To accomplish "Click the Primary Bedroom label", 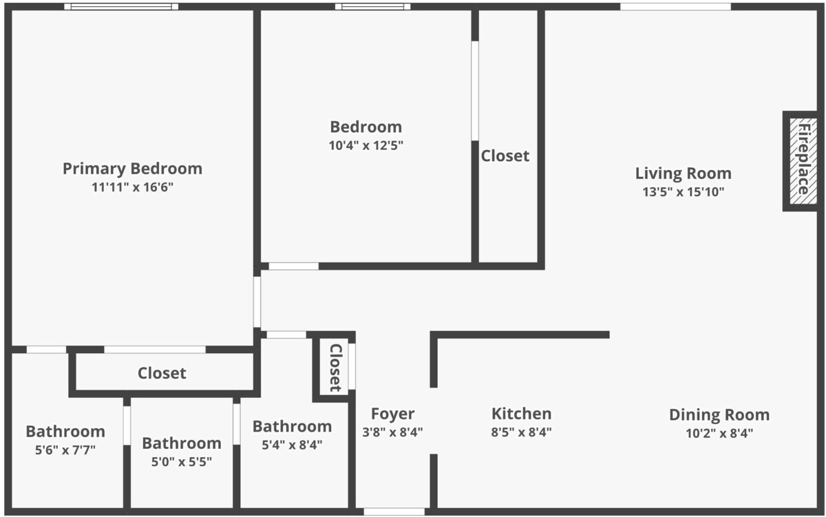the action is (132, 169).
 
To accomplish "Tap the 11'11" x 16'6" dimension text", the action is (132, 187).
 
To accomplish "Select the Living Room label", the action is (684, 173).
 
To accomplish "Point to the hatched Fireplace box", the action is (803, 161).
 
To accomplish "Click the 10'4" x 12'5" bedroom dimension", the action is (366, 145).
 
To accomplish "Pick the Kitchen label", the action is (522, 414).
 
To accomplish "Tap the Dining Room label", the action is (719, 415).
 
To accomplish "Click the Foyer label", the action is (393, 414).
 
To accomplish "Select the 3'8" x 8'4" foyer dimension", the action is (393, 432).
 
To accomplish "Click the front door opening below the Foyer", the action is (394, 512).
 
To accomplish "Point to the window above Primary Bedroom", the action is (121, 7).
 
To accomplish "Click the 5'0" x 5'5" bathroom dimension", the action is (182, 462).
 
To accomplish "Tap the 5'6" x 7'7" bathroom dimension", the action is (65, 450).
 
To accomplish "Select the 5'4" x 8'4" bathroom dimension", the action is (292, 445).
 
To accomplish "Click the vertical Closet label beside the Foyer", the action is (335, 368).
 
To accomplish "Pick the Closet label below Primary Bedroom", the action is (162, 373).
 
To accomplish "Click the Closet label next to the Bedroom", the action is (505, 156).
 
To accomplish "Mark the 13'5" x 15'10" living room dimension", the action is (684, 192).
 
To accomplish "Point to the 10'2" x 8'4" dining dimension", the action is (719, 433).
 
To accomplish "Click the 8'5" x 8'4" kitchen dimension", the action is (522, 432).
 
